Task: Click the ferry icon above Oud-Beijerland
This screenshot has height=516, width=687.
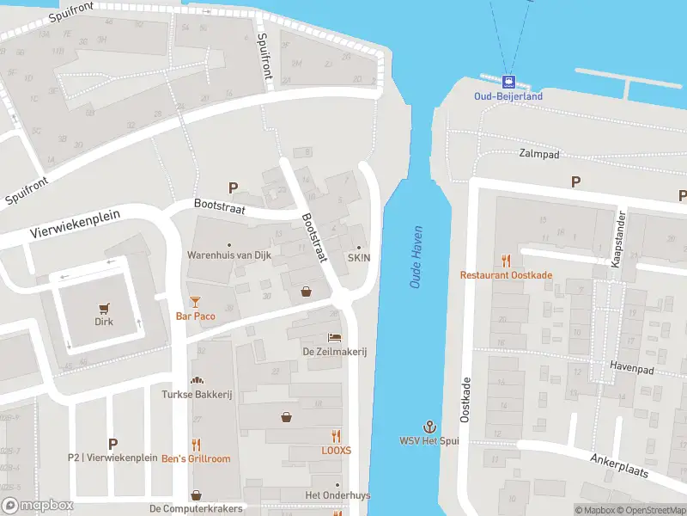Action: tap(509, 83)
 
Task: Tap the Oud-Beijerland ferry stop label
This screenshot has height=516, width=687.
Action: tap(509, 96)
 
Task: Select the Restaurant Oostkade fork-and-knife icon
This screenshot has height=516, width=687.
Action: tap(507, 260)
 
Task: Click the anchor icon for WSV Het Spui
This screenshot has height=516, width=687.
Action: tap(429, 426)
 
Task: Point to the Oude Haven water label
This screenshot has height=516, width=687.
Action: tap(417, 263)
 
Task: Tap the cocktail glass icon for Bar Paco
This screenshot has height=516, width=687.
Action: tap(195, 301)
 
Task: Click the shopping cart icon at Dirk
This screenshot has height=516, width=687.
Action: tap(104, 308)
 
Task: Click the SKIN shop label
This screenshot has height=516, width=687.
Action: tap(358, 258)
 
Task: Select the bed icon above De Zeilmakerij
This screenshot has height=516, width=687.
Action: tap(334, 337)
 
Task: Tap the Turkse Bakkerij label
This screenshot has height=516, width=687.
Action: tap(198, 395)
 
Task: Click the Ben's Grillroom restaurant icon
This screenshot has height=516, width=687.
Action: tap(197, 444)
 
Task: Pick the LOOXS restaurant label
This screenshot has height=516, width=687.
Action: tap(336, 450)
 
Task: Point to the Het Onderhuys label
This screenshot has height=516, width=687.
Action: tap(337, 495)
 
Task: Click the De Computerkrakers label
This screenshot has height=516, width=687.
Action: tap(197, 509)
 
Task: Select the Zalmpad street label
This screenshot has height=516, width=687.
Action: tap(539, 154)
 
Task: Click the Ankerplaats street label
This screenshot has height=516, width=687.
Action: tap(620, 470)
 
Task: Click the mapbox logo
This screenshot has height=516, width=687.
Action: tap(38, 506)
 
